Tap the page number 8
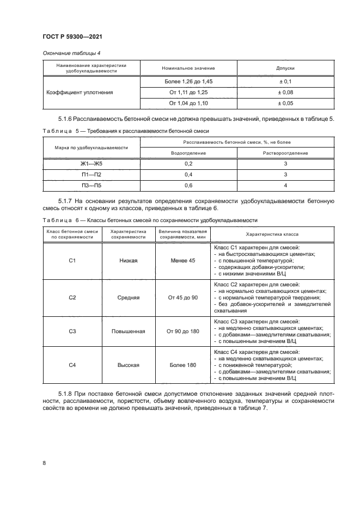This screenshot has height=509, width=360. tap(43, 463)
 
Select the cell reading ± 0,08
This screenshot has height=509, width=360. tap(286, 92)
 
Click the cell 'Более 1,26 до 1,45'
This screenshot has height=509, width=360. tap(188, 81)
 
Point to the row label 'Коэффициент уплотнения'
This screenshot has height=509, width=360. tap(87, 92)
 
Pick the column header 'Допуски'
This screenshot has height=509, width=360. tap(286, 68)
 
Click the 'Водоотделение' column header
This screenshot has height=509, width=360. tap(188, 153)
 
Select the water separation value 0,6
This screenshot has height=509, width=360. tap(188, 185)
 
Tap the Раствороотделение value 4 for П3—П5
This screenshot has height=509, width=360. tap(286, 185)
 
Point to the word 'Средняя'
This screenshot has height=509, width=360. tap(129, 298)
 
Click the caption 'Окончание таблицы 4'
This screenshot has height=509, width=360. tap(68, 52)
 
